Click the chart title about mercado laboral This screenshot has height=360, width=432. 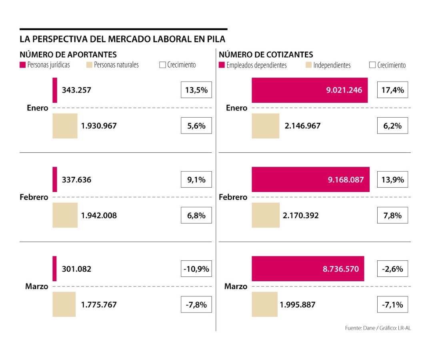click(122, 39)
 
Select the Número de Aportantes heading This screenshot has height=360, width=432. click(68, 54)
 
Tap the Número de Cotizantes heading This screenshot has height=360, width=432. click(266, 54)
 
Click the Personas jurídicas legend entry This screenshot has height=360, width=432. click(44, 65)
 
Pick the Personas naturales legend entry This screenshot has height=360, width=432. click(112, 65)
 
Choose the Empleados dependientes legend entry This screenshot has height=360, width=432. click(253, 65)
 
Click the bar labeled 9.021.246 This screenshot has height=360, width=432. click(310, 90)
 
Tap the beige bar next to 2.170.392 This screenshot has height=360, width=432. click(266, 215)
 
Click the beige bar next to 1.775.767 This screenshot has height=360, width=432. click(64, 304)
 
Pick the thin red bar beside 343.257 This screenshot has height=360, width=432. click(55, 90)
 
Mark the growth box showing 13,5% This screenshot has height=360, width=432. click(196, 90)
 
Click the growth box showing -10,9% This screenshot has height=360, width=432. click(196, 269)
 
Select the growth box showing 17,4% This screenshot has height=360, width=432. click(392, 90)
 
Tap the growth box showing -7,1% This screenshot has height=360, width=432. click(392, 305)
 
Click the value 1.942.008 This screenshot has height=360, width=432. click(99, 215)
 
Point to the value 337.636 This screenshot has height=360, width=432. click(76, 180)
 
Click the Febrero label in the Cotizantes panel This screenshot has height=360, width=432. click(233, 197)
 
